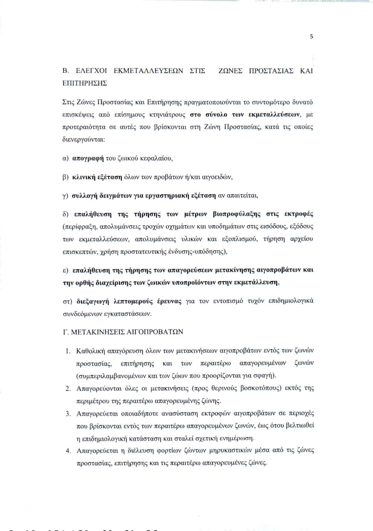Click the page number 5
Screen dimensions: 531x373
click(x=311, y=37)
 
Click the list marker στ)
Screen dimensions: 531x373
click(x=67, y=301)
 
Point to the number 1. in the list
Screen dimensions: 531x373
click(x=68, y=351)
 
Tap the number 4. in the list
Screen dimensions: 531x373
click(x=68, y=451)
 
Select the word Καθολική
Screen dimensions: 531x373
click(x=90, y=351)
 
